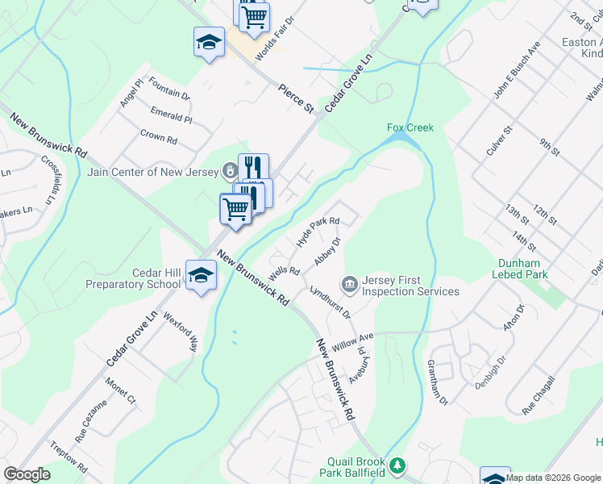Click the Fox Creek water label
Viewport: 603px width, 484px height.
410,127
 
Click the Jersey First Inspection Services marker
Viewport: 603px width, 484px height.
350,283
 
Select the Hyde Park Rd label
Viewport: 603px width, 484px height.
318,231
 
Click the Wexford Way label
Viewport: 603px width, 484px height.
181,332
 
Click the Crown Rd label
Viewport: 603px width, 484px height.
158,137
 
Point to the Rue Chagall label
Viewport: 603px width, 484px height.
539,395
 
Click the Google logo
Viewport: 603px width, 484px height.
27,474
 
